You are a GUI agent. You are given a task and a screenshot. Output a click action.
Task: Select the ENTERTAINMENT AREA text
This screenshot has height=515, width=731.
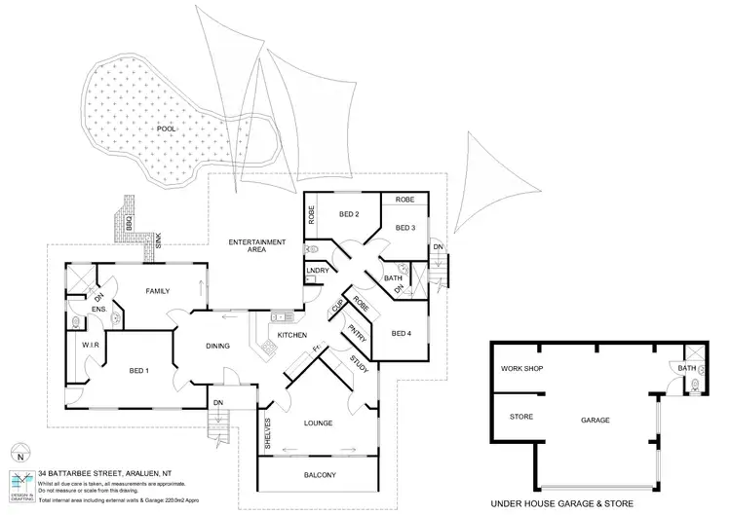click(x=256, y=245)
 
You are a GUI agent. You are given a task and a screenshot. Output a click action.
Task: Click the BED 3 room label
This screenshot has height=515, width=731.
click(x=405, y=228)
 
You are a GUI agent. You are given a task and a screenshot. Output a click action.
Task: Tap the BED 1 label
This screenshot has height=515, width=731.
click(x=138, y=370)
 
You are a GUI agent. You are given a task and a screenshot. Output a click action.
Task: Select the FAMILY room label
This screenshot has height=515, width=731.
click(x=158, y=291)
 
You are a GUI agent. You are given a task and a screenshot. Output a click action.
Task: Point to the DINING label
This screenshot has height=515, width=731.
click(x=217, y=346)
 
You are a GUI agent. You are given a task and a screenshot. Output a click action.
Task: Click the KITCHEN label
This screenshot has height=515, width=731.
click(x=292, y=336)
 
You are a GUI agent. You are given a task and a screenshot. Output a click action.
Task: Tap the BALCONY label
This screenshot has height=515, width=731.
click(x=319, y=475)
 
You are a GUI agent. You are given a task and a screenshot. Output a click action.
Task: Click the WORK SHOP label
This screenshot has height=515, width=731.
click(x=520, y=369)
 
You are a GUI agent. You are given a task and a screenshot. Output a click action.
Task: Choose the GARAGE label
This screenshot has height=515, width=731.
click(x=596, y=421)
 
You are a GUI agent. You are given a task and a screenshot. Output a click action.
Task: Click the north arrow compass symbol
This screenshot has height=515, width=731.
click(x=19, y=453)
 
